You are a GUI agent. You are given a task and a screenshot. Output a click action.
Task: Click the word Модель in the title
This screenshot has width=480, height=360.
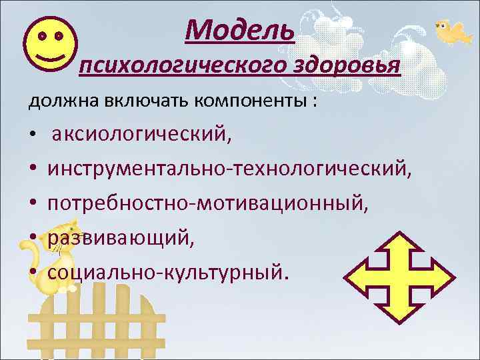click(240, 29)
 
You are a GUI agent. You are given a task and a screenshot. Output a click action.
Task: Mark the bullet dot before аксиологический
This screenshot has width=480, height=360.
click(33, 137)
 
